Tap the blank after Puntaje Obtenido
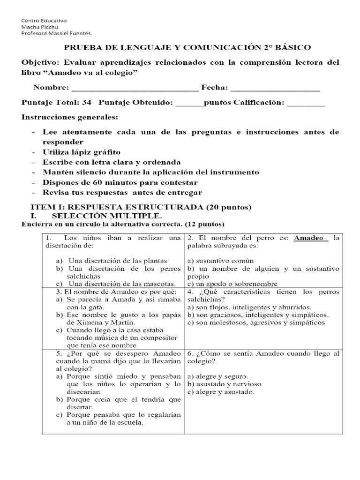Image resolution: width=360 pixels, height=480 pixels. click(189, 103)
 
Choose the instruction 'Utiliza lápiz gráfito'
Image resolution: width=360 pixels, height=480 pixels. click(81, 152)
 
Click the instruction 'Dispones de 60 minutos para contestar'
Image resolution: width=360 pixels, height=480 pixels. click(120, 182)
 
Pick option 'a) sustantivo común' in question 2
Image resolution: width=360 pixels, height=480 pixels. click(220, 261)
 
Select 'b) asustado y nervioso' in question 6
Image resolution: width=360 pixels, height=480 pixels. click(224, 384)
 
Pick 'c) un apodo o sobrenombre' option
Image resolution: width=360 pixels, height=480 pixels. click(232, 284)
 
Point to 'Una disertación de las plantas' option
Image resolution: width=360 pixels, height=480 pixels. click(118, 261)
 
